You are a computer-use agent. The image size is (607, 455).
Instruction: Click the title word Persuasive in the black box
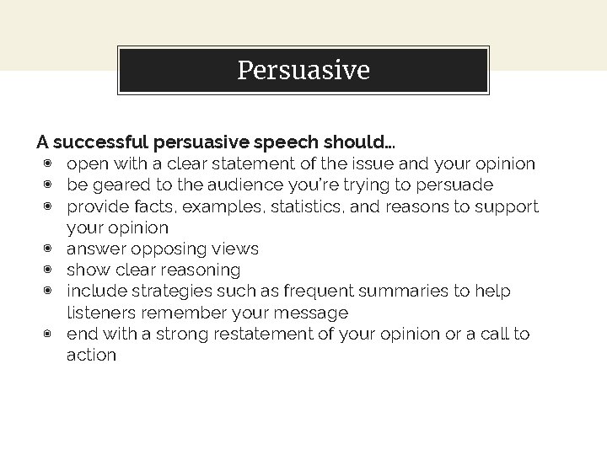pyautogui.click(x=303, y=70)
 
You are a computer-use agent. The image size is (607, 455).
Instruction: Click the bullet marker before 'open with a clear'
pyautogui.click(x=49, y=163)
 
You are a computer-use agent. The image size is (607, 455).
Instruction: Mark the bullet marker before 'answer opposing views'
pyautogui.click(x=49, y=249)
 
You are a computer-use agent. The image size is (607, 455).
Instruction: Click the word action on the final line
pyautogui.click(x=91, y=355)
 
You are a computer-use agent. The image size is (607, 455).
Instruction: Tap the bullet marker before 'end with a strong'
pyautogui.click(x=49, y=334)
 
